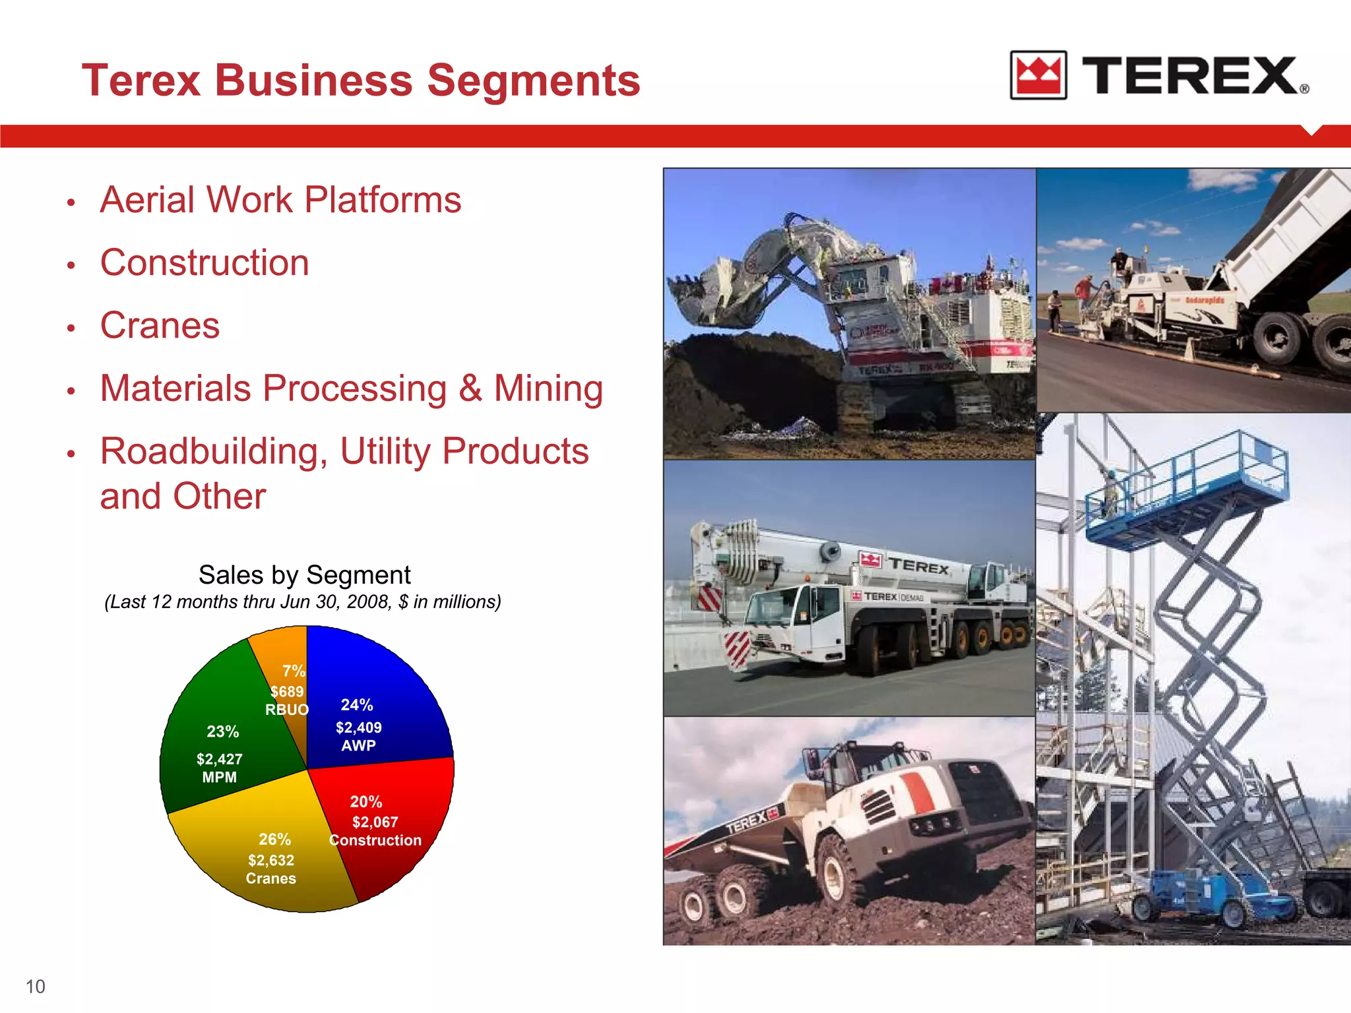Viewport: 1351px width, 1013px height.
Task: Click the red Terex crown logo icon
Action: tap(1038, 75)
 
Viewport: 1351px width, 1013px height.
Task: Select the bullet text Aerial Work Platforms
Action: tap(280, 200)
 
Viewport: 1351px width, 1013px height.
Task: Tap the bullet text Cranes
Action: tap(160, 326)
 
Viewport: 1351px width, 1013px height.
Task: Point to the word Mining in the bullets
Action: tap(548, 388)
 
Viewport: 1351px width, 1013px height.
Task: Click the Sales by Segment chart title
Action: tap(304, 575)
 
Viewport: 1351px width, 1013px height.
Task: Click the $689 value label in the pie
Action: tap(287, 692)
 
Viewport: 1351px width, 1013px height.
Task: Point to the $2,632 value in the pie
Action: tap(271, 861)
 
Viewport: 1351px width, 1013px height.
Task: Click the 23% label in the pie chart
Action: tap(223, 731)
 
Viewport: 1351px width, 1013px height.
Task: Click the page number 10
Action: tap(36, 987)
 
